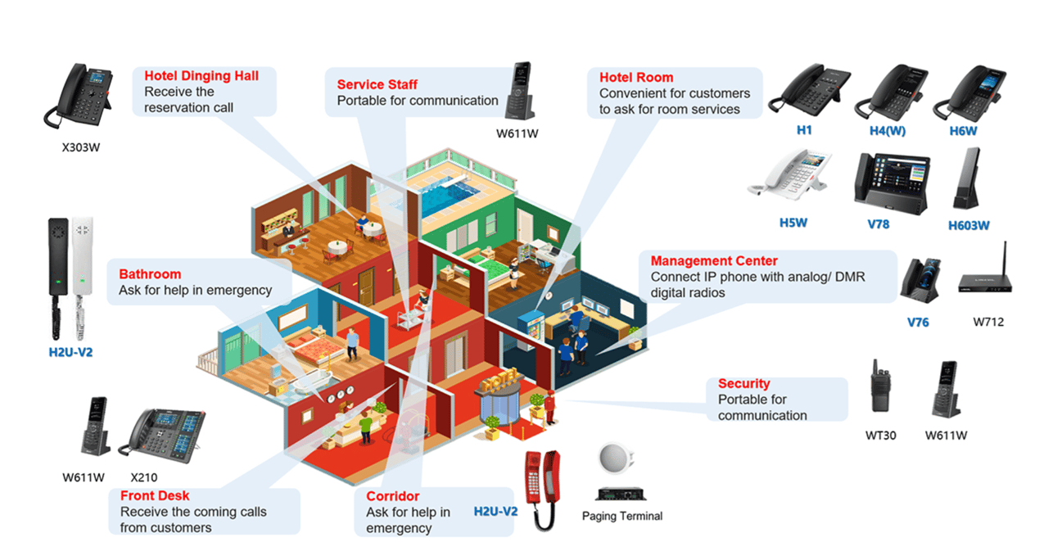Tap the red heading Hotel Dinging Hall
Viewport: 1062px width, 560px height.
point(201,76)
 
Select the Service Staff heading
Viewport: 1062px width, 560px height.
point(377,84)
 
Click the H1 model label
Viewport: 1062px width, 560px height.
point(804,131)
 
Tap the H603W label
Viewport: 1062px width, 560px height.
point(969,225)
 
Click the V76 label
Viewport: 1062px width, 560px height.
point(918,322)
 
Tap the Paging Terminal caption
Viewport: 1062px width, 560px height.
point(621,517)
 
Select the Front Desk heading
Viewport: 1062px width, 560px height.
point(155,495)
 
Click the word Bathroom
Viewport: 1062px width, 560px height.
point(150,274)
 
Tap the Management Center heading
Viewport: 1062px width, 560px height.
point(714,261)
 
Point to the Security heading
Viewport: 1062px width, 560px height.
point(743,383)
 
